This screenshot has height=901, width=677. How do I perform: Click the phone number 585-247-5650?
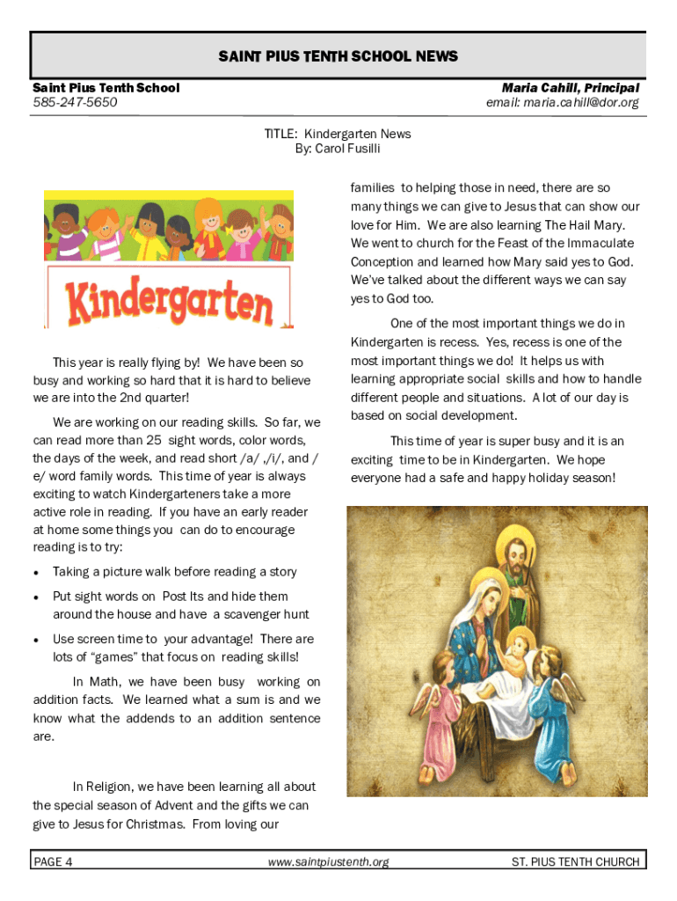pyautogui.click(x=75, y=103)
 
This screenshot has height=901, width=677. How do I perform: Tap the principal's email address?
pyautogui.click(x=563, y=103)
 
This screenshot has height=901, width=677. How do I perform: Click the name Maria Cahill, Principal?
pyautogui.click(x=570, y=88)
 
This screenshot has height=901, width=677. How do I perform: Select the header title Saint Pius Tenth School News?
pyautogui.click(x=338, y=56)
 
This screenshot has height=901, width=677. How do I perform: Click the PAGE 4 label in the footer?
pyautogui.click(x=54, y=862)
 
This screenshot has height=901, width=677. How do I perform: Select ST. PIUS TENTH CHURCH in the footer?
pyautogui.click(x=575, y=862)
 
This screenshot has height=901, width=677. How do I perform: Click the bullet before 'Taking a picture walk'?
pyautogui.click(x=36, y=573)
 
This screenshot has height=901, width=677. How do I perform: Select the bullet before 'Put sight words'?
pyautogui.click(x=36, y=597)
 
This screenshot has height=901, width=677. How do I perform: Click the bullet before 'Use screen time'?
pyautogui.click(x=36, y=640)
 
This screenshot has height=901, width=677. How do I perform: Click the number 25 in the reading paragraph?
pyautogui.click(x=154, y=440)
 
